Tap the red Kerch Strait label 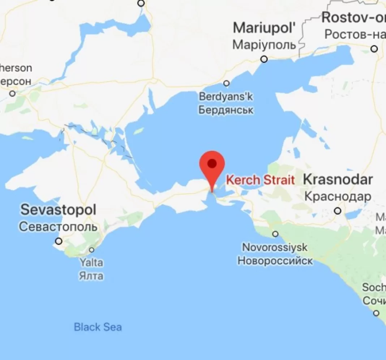coord(260,180)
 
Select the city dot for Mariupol coord(265,59)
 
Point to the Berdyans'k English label coord(226,97)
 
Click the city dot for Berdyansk coord(227,83)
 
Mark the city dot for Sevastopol coord(59,241)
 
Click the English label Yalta coord(91,263)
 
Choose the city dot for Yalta coord(92,250)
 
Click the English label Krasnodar coord(338,180)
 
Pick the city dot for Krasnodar coord(338,211)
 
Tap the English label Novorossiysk coord(275,248)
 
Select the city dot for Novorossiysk coord(275,234)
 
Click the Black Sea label coord(98,328)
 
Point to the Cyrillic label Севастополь coord(58,227)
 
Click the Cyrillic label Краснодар coord(338,196)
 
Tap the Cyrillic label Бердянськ coord(226,109)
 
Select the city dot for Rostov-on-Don coord(374,49)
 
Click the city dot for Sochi coord(377,313)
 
